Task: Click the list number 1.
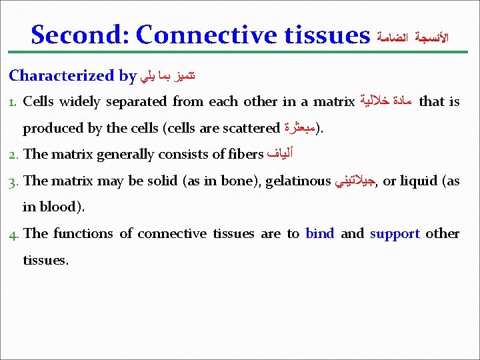13,103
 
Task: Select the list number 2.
14,155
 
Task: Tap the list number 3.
14,181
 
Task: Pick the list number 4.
14,234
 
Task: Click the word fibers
245,155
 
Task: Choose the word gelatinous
298,181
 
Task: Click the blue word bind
319,233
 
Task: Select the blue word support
395,234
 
